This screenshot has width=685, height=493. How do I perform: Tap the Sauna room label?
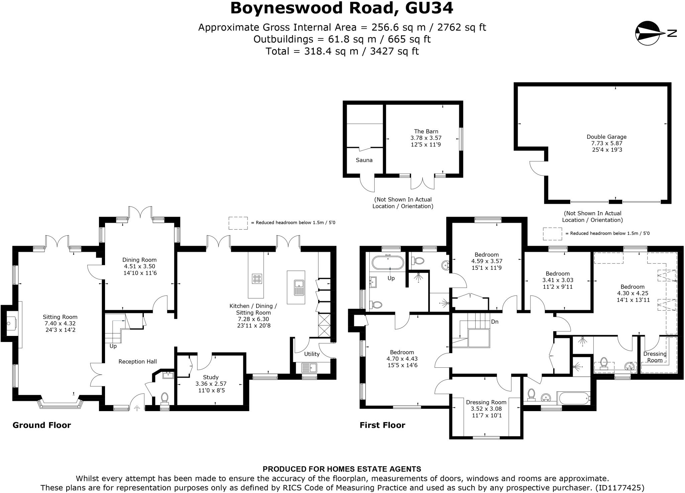tap(364, 160)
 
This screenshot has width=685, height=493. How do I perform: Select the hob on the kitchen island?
tap(257, 279)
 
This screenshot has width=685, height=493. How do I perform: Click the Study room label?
tap(211, 377)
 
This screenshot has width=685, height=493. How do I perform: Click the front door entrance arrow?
tap(137, 408)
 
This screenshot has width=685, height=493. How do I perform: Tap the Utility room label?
tap(312, 354)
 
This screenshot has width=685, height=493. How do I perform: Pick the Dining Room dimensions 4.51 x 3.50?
tap(139, 266)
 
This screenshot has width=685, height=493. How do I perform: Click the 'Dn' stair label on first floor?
tap(495, 322)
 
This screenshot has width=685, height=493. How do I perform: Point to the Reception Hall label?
tap(137, 362)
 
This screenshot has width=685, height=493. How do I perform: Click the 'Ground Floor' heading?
tap(42, 425)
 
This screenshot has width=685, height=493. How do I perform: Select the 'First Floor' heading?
tap(382, 425)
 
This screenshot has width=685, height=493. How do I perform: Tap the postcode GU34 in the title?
tap(429, 8)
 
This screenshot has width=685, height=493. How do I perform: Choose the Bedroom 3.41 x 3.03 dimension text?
tap(558, 280)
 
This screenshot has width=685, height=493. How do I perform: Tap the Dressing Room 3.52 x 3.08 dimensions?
tap(486, 409)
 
